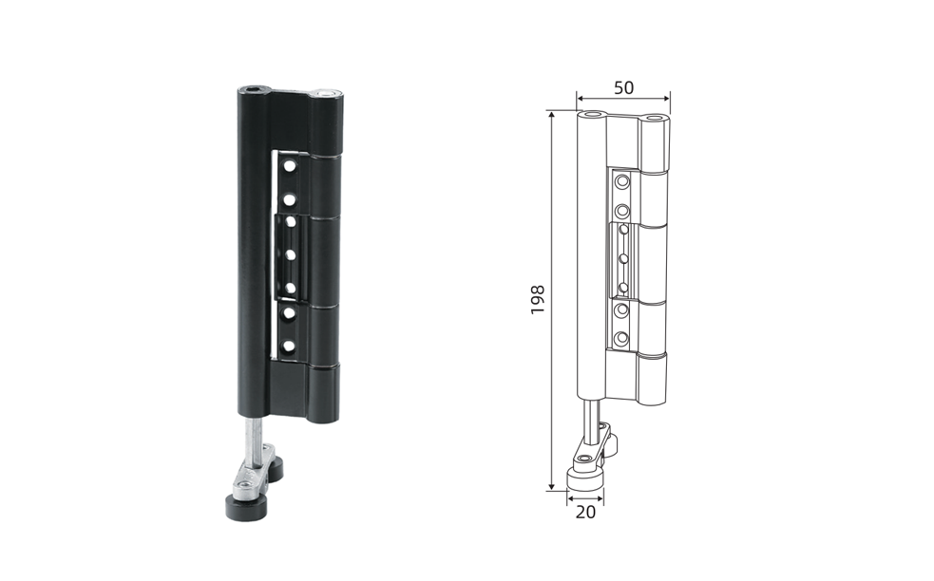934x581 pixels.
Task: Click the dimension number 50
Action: point(623,87)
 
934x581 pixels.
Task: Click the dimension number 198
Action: point(538,299)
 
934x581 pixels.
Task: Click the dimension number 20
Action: point(585,512)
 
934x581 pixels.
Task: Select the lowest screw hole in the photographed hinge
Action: point(289,346)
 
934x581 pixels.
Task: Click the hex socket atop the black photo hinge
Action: point(253,90)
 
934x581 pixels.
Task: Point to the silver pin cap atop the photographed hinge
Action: point(327,93)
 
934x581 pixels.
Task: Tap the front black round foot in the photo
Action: point(245,507)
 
